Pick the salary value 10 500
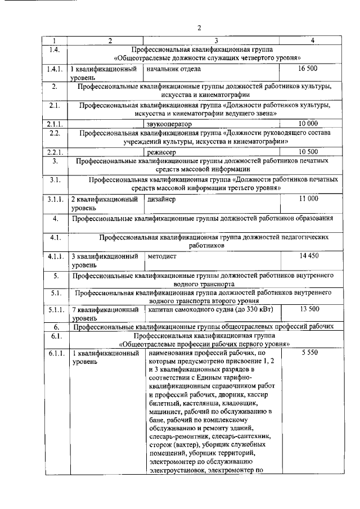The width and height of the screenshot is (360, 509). click(x=309, y=151)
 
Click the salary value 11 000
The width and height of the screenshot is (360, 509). click(x=309, y=199)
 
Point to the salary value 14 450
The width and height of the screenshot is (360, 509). click(x=309, y=256)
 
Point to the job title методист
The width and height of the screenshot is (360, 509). click(x=163, y=256)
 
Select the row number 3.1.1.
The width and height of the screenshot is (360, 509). click(x=55, y=199)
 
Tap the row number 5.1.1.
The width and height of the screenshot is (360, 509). click(x=55, y=309)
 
